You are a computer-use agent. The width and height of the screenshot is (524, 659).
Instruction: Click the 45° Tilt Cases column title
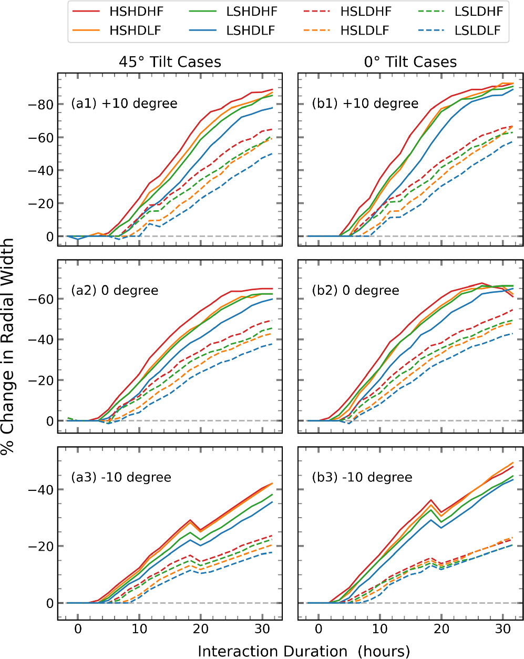coord(170,62)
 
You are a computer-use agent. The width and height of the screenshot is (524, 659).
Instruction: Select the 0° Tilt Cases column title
coord(410,62)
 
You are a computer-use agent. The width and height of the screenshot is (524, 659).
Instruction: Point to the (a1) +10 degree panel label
coord(124,104)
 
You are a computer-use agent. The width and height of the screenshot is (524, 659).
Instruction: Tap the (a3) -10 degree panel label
coord(121,478)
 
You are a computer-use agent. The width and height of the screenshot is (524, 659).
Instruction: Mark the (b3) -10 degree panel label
coord(362,478)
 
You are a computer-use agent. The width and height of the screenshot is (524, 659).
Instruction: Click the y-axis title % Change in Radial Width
coord(9,347)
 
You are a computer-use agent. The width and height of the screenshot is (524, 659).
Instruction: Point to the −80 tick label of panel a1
coord(42,104)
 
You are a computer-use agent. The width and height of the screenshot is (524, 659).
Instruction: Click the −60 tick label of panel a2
coord(42,298)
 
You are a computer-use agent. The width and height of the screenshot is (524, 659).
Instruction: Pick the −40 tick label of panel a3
coord(42,490)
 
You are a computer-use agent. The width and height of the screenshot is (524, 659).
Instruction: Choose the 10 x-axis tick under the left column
coord(139,629)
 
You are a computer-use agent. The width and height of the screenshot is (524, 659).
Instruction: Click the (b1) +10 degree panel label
coord(365,104)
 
